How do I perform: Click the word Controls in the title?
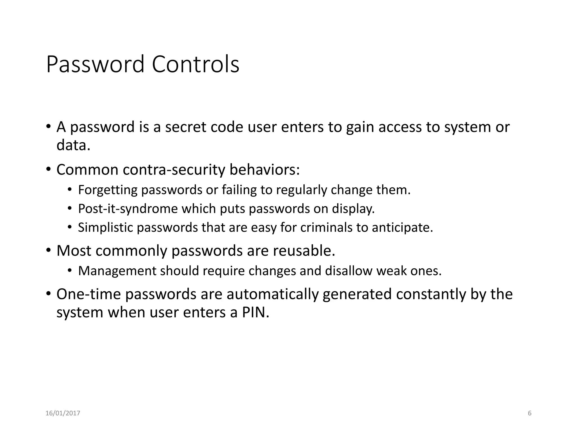pyautogui.click(x=195, y=64)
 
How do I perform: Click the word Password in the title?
pyautogui.click(x=95, y=64)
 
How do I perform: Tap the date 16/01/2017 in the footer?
pyautogui.click(x=63, y=413)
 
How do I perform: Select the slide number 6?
pyautogui.click(x=529, y=413)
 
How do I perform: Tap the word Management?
pyautogui.click(x=117, y=271)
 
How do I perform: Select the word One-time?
pyautogui.click(x=88, y=294)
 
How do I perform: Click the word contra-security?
pyautogui.click(x=174, y=170)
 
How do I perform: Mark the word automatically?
pyautogui.click(x=272, y=294)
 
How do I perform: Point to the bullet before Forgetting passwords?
pyautogui.click(x=70, y=190)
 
